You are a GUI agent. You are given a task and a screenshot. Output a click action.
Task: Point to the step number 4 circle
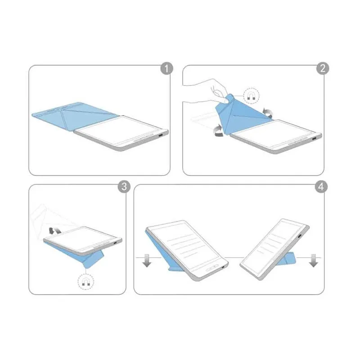pyautogui.click(x=320, y=187)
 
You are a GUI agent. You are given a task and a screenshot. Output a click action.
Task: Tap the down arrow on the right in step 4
pyautogui.click(x=314, y=260)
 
